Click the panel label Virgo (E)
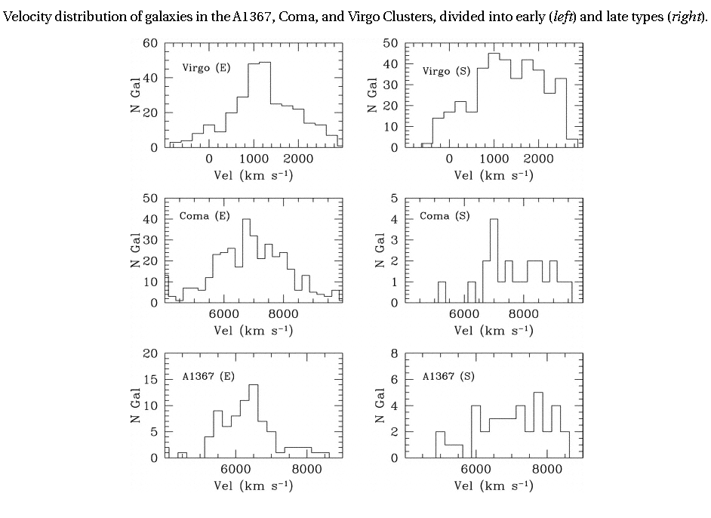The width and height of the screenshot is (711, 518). click(x=206, y=67)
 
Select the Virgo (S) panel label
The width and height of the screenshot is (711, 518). click(x=446, y=71)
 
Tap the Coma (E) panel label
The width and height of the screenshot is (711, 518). click(x=204, y=216)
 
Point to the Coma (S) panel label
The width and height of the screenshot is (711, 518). click(x=445, y=216)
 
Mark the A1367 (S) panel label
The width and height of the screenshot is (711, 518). click(x=448, y=376)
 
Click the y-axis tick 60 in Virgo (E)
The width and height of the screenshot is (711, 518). click(x=150, y=43)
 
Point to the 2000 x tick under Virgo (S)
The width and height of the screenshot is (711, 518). click(x=538, y=159)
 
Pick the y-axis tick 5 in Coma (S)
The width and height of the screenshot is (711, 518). click(x=394, y=199)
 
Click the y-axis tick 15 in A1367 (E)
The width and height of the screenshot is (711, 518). click(x=150, y=380)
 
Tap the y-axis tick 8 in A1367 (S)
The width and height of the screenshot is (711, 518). click(x=394, y=353)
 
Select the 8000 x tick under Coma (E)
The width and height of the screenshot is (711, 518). click(x=283, y=313)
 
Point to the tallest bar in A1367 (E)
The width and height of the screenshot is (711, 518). click(x=254, y=421)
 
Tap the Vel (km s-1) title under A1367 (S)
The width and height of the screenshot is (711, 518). click(x=494, y=486)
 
